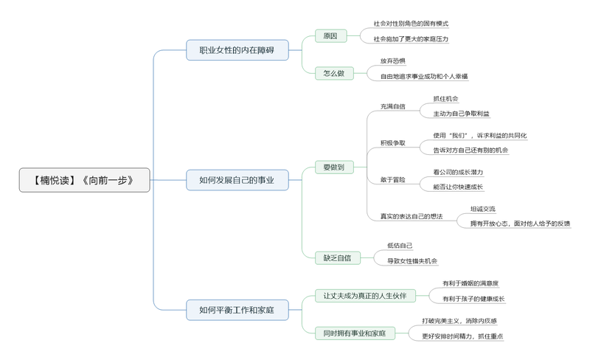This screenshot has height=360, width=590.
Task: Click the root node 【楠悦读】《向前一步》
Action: (x=84, y=180)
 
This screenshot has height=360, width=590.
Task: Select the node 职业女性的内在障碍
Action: (x=236, y=51)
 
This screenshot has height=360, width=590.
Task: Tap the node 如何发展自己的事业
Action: (x=236, y=180)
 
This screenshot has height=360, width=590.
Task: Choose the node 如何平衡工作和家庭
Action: (x=236, y=311)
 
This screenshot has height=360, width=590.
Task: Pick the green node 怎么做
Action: (x=333, y=73)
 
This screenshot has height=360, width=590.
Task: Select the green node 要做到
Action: (x=333, y=167)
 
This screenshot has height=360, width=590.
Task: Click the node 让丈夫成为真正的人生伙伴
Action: (x=364, y=295)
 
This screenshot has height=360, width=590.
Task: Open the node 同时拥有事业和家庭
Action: (x=354, y=333)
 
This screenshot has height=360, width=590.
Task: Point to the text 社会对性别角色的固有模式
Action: (x=411, y=24)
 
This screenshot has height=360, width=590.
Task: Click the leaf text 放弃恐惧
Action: (x=392, y=60)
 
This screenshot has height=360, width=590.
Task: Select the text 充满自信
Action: (x=392, y=106)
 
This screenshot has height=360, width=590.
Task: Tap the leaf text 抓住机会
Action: (x=445, y=99)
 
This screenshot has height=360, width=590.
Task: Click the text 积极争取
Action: (x=392, y=142)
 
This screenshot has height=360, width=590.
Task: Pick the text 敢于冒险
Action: (x=392, y=179)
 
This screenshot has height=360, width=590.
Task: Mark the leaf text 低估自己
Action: (x=400, y=246)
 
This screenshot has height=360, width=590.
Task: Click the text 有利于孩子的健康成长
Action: (x=473, y=299)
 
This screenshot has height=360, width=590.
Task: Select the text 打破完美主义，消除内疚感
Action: (x=459, y=321)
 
